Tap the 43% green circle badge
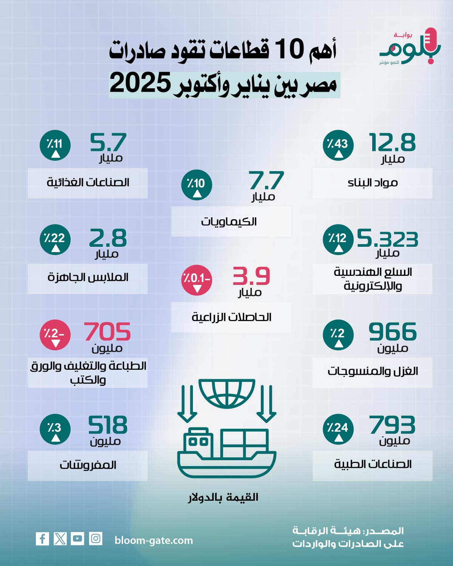point(338,146)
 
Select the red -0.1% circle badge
point(197,280)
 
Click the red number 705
point(108,332)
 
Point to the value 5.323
point(387,238)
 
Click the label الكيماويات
point(229,221)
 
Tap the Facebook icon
point(42,538)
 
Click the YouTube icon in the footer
point(77,538)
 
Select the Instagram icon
point(96,538)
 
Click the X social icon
point(60,538)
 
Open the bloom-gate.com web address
point(154,540)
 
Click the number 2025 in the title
point(140,84)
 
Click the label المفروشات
point(88,465)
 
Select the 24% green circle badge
point(338,429)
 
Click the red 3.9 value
point(251,276)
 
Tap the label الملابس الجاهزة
point(88,277)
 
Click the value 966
point(393,332)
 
